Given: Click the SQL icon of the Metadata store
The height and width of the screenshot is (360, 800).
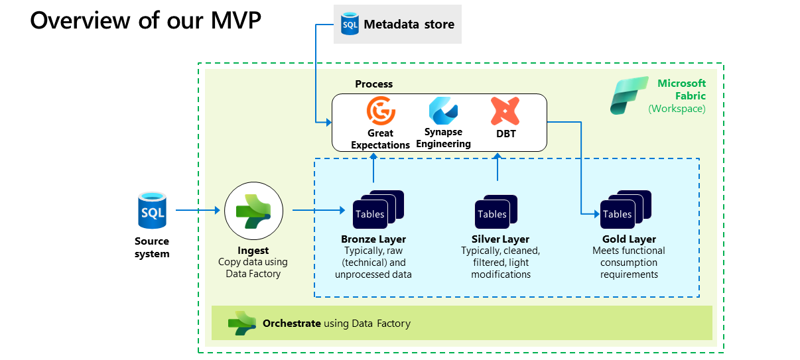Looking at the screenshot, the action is click(x=350, y=24).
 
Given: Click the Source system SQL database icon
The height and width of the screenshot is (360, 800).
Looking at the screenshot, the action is click(x=152, y=210).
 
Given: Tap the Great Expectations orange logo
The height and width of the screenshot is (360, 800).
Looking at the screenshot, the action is click(x=381, y=111).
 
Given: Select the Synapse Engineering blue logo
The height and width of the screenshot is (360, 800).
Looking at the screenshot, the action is click(x=443, y=111).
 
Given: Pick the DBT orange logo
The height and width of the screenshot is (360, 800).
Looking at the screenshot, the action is click(x=505, y=111).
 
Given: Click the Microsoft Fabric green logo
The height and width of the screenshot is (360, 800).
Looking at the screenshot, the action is click(x=629, y=95).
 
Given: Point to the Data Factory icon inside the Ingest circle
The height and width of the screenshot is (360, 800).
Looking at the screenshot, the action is click(x=253, y=211).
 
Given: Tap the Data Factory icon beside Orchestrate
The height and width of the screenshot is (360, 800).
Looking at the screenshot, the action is click(x=242, y=324).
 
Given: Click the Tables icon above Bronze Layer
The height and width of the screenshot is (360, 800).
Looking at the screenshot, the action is click(x=378, y=210).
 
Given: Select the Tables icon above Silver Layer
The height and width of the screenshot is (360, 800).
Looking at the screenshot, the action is click(x=496, y=211).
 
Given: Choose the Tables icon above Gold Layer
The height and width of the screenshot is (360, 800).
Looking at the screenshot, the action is click(x=626, y=210).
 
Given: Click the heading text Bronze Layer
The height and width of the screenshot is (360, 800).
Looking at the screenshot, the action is click(x=373, y=239).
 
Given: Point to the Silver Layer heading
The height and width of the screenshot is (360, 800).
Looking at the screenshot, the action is click(x=500, y=239).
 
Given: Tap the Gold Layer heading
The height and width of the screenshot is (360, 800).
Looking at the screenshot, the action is click(x=629, y=239).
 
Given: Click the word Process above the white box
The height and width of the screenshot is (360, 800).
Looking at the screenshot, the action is click(x=373, y=84).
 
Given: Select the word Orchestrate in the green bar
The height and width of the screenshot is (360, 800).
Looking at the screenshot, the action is click(x=291, y=324).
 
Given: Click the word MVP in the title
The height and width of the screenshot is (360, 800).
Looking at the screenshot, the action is click(x=235, y=21).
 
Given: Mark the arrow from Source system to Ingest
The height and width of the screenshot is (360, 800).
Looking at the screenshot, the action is click(x=198, y=210).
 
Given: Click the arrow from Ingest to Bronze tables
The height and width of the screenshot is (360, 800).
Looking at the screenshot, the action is click(x=319, y=210).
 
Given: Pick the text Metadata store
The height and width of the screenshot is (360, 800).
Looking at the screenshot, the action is click(x=409, y=25).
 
